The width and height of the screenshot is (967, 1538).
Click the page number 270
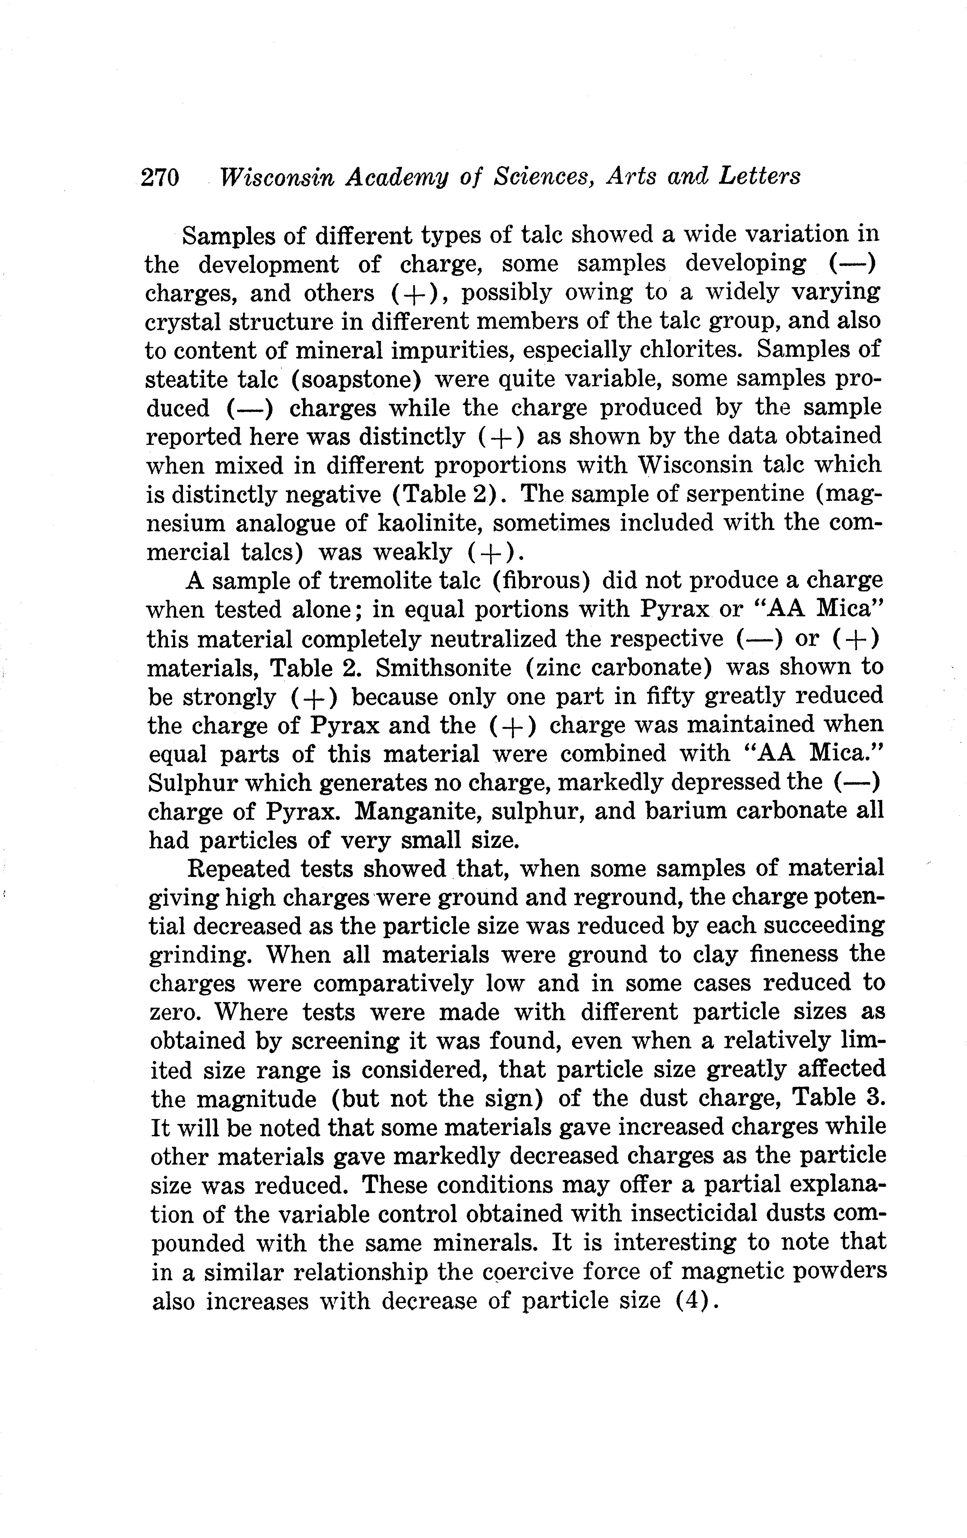click(x=160, y=177)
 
